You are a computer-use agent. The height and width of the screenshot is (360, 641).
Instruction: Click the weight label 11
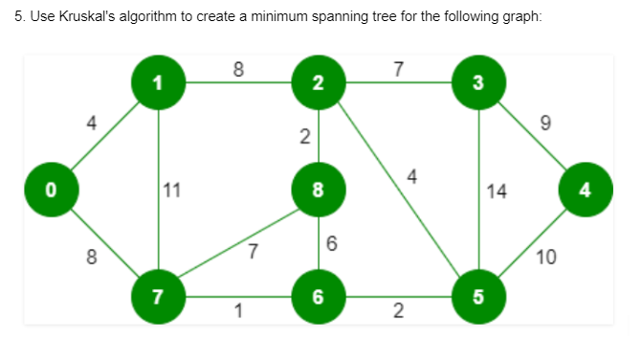(172, 189)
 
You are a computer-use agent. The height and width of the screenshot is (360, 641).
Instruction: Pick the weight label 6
(331, 244)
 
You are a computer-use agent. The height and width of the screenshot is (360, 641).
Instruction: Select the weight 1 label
(237, 310)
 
